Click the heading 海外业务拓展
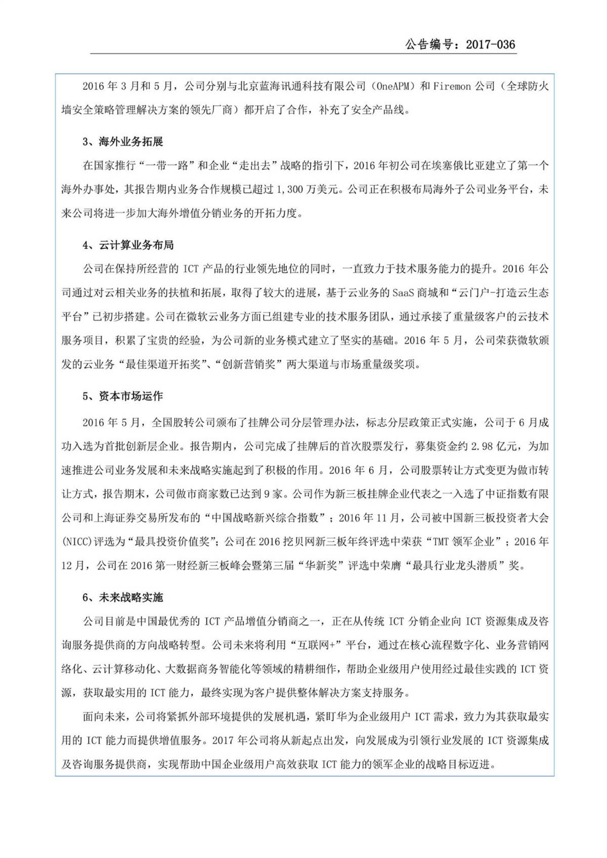pyautogui.click(x=131, y=142)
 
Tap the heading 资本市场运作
pyautogui.click(x=131, y=396)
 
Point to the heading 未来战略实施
pyautogui.click(x=131, y=597)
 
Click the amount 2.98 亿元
pyautogui.click(x=495, y=446)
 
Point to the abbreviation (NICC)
pyautogui.click(x=79, y=541)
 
